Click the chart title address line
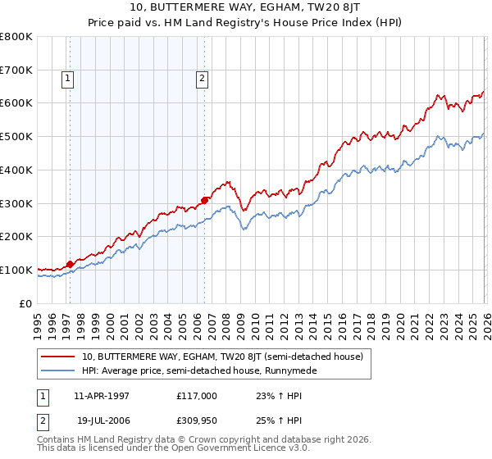point(246,7)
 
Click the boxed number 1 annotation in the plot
point(66,79)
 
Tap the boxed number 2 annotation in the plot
point(201,79)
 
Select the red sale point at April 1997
point(70,264)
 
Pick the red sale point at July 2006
point(204,199)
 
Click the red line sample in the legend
point(57,357)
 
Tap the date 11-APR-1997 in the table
point(101,395)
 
